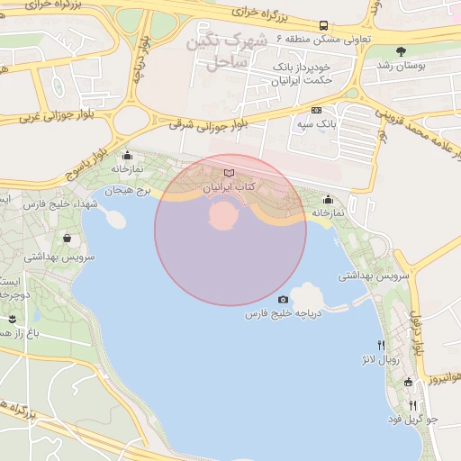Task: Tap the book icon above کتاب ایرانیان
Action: [229, 172]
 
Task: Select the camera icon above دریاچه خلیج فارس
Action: [284, 300]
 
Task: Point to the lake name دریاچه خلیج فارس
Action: [284, 314]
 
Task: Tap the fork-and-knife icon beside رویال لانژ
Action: [382, 345]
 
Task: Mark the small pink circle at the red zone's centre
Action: [222, 215]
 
